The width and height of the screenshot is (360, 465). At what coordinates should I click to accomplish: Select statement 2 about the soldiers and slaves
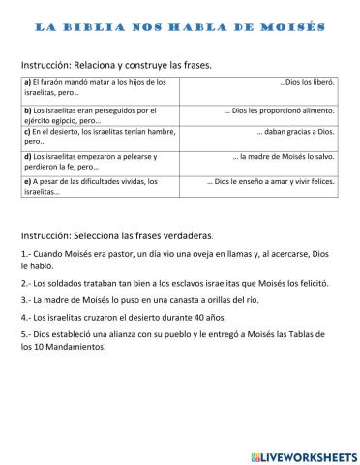[174, 285]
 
